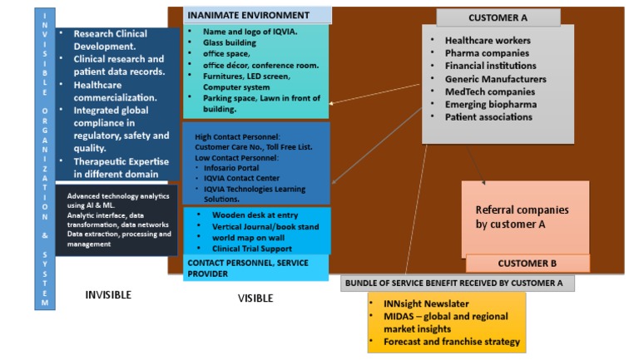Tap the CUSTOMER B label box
[x=528, y=264]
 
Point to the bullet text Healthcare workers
[x=488, y=40]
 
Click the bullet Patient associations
[x=488, y=117]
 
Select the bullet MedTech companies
[x=491, y=91]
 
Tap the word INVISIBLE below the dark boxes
[x=108, y=294]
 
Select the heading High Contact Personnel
[x=237, y=136]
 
